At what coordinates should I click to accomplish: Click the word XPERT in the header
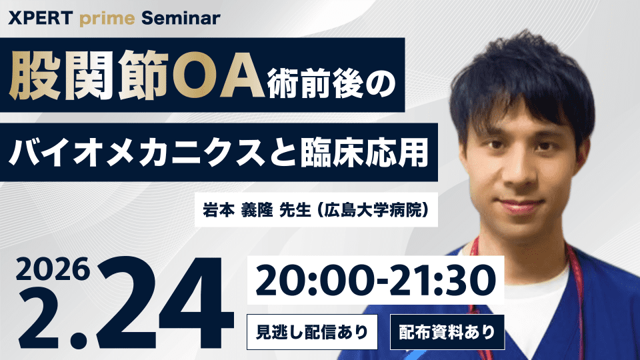(41, 19)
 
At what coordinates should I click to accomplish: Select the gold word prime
(107, 19)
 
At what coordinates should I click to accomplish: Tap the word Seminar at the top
(181, 19)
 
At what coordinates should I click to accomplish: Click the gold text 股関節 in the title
(89, 75)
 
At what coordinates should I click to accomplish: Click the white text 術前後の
(331, 85)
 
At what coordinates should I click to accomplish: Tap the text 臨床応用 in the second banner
(365, 152)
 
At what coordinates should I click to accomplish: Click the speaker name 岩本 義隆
(238, 210)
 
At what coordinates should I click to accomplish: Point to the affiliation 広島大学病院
(373, 210)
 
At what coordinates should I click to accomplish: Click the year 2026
(53, 269)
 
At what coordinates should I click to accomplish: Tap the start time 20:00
(315, 280)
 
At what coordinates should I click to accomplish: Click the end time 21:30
(442, 280)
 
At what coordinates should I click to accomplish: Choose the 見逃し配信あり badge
(312, 332)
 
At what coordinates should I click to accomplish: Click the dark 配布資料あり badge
(447, 332)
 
